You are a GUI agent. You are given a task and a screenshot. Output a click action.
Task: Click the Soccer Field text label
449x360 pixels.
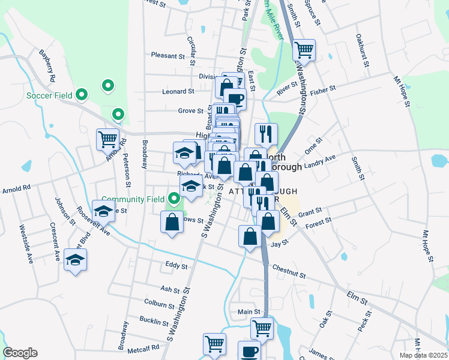coord(49,95)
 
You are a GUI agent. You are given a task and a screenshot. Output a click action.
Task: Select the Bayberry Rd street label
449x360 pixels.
coord(47,66)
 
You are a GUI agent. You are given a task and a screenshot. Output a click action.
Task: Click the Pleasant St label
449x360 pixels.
coord(167,56)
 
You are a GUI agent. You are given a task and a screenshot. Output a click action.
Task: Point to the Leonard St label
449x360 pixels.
coord(178,92)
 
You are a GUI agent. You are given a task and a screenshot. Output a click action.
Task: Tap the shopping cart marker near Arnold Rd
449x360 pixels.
coord(107,140)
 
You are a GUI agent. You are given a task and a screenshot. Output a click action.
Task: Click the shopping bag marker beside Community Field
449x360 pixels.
coord(172,223)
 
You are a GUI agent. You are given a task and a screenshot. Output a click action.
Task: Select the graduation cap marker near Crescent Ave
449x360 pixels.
coord(76,259)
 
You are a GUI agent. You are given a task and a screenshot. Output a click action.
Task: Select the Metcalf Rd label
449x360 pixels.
coord(142,347)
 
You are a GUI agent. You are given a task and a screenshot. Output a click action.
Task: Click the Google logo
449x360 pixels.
coord(20,353)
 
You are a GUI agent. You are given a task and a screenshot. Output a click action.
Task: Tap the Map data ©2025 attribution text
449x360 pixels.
coord(423,355)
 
